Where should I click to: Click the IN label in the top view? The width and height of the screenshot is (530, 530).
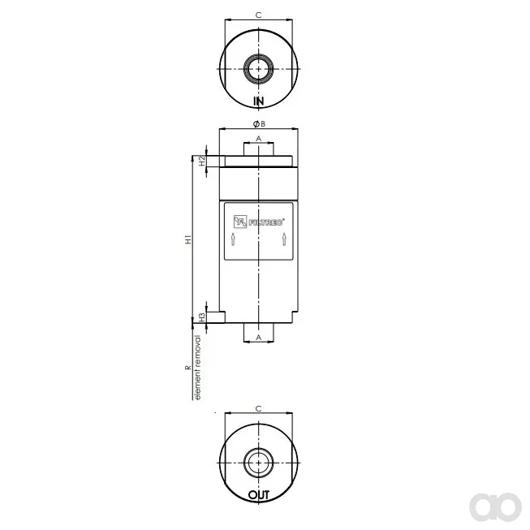259,101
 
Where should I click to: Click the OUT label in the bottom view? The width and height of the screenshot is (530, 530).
259,495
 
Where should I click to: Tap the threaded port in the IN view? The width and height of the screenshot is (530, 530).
259,69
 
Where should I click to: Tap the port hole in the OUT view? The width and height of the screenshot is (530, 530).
259,463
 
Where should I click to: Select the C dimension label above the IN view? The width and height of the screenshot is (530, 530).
258,15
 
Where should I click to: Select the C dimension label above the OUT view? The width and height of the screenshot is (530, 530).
258,408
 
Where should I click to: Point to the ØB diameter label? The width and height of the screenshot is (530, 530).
259,124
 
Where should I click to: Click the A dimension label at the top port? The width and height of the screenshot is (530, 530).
259,139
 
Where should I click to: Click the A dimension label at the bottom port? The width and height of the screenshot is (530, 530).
259,338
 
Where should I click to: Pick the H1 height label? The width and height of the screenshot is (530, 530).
188,239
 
